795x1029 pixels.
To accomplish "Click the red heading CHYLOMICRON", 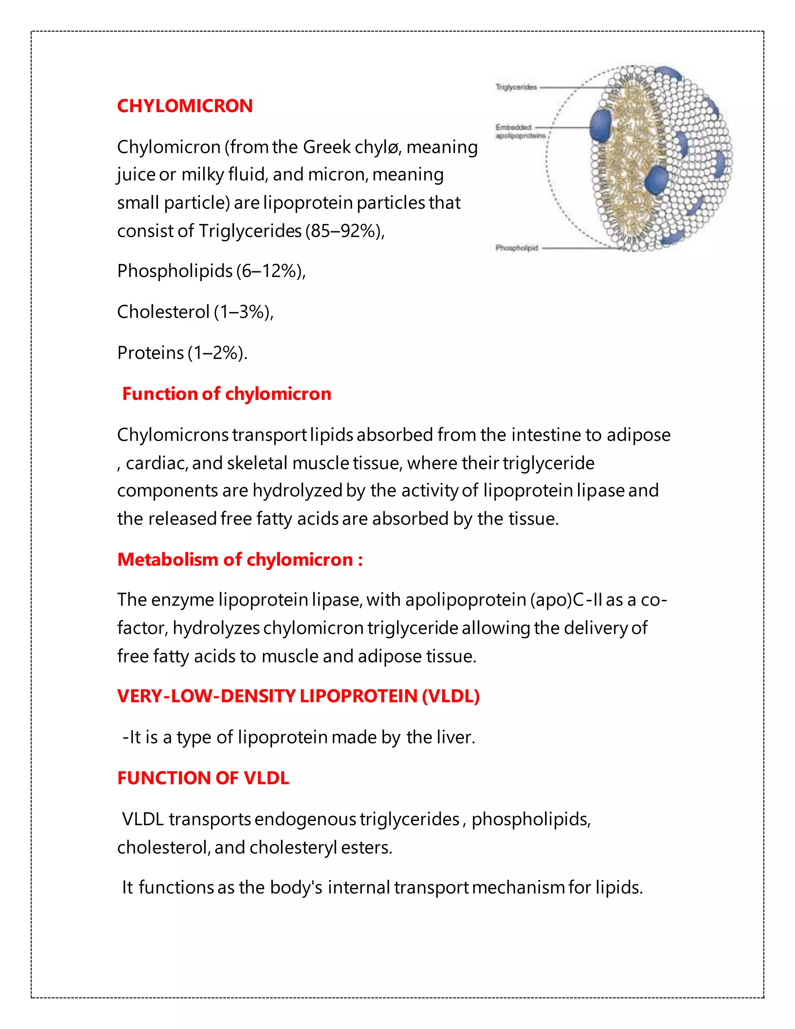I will coord(185,106).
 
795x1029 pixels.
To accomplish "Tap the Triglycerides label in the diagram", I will coord(516,87).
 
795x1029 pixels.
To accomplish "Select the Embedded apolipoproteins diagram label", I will coord(520,132).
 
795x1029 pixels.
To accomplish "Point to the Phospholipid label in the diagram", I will coord(516,248).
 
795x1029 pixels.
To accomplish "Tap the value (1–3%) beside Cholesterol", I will coord(243,312).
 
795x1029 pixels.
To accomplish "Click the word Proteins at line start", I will coord(150,353).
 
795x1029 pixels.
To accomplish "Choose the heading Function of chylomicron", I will coord(227,394).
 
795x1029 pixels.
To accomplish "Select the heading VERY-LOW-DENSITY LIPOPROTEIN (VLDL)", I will coord(298,696).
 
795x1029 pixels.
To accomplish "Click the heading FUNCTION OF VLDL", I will coord(203,778).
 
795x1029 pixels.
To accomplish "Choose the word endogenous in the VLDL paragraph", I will coord(305,819).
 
